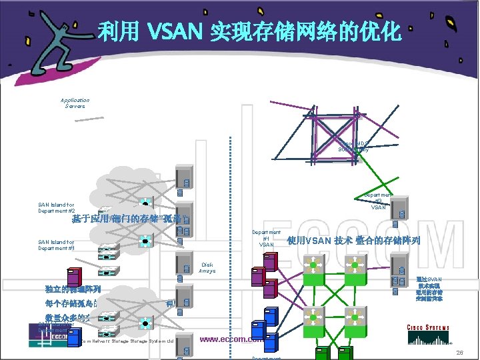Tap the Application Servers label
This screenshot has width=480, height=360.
point(75,103)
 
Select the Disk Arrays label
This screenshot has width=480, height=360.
point(207,267)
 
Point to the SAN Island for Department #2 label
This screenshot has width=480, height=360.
point(56,208)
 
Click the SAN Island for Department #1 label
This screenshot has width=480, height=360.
point(56,245)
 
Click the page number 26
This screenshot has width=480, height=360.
point(459,351)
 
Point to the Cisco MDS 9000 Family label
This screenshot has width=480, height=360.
point(353,146)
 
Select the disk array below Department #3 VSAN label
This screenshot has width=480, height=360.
point(402,214)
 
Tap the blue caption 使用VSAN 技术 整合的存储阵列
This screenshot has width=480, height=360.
point(353,241)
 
